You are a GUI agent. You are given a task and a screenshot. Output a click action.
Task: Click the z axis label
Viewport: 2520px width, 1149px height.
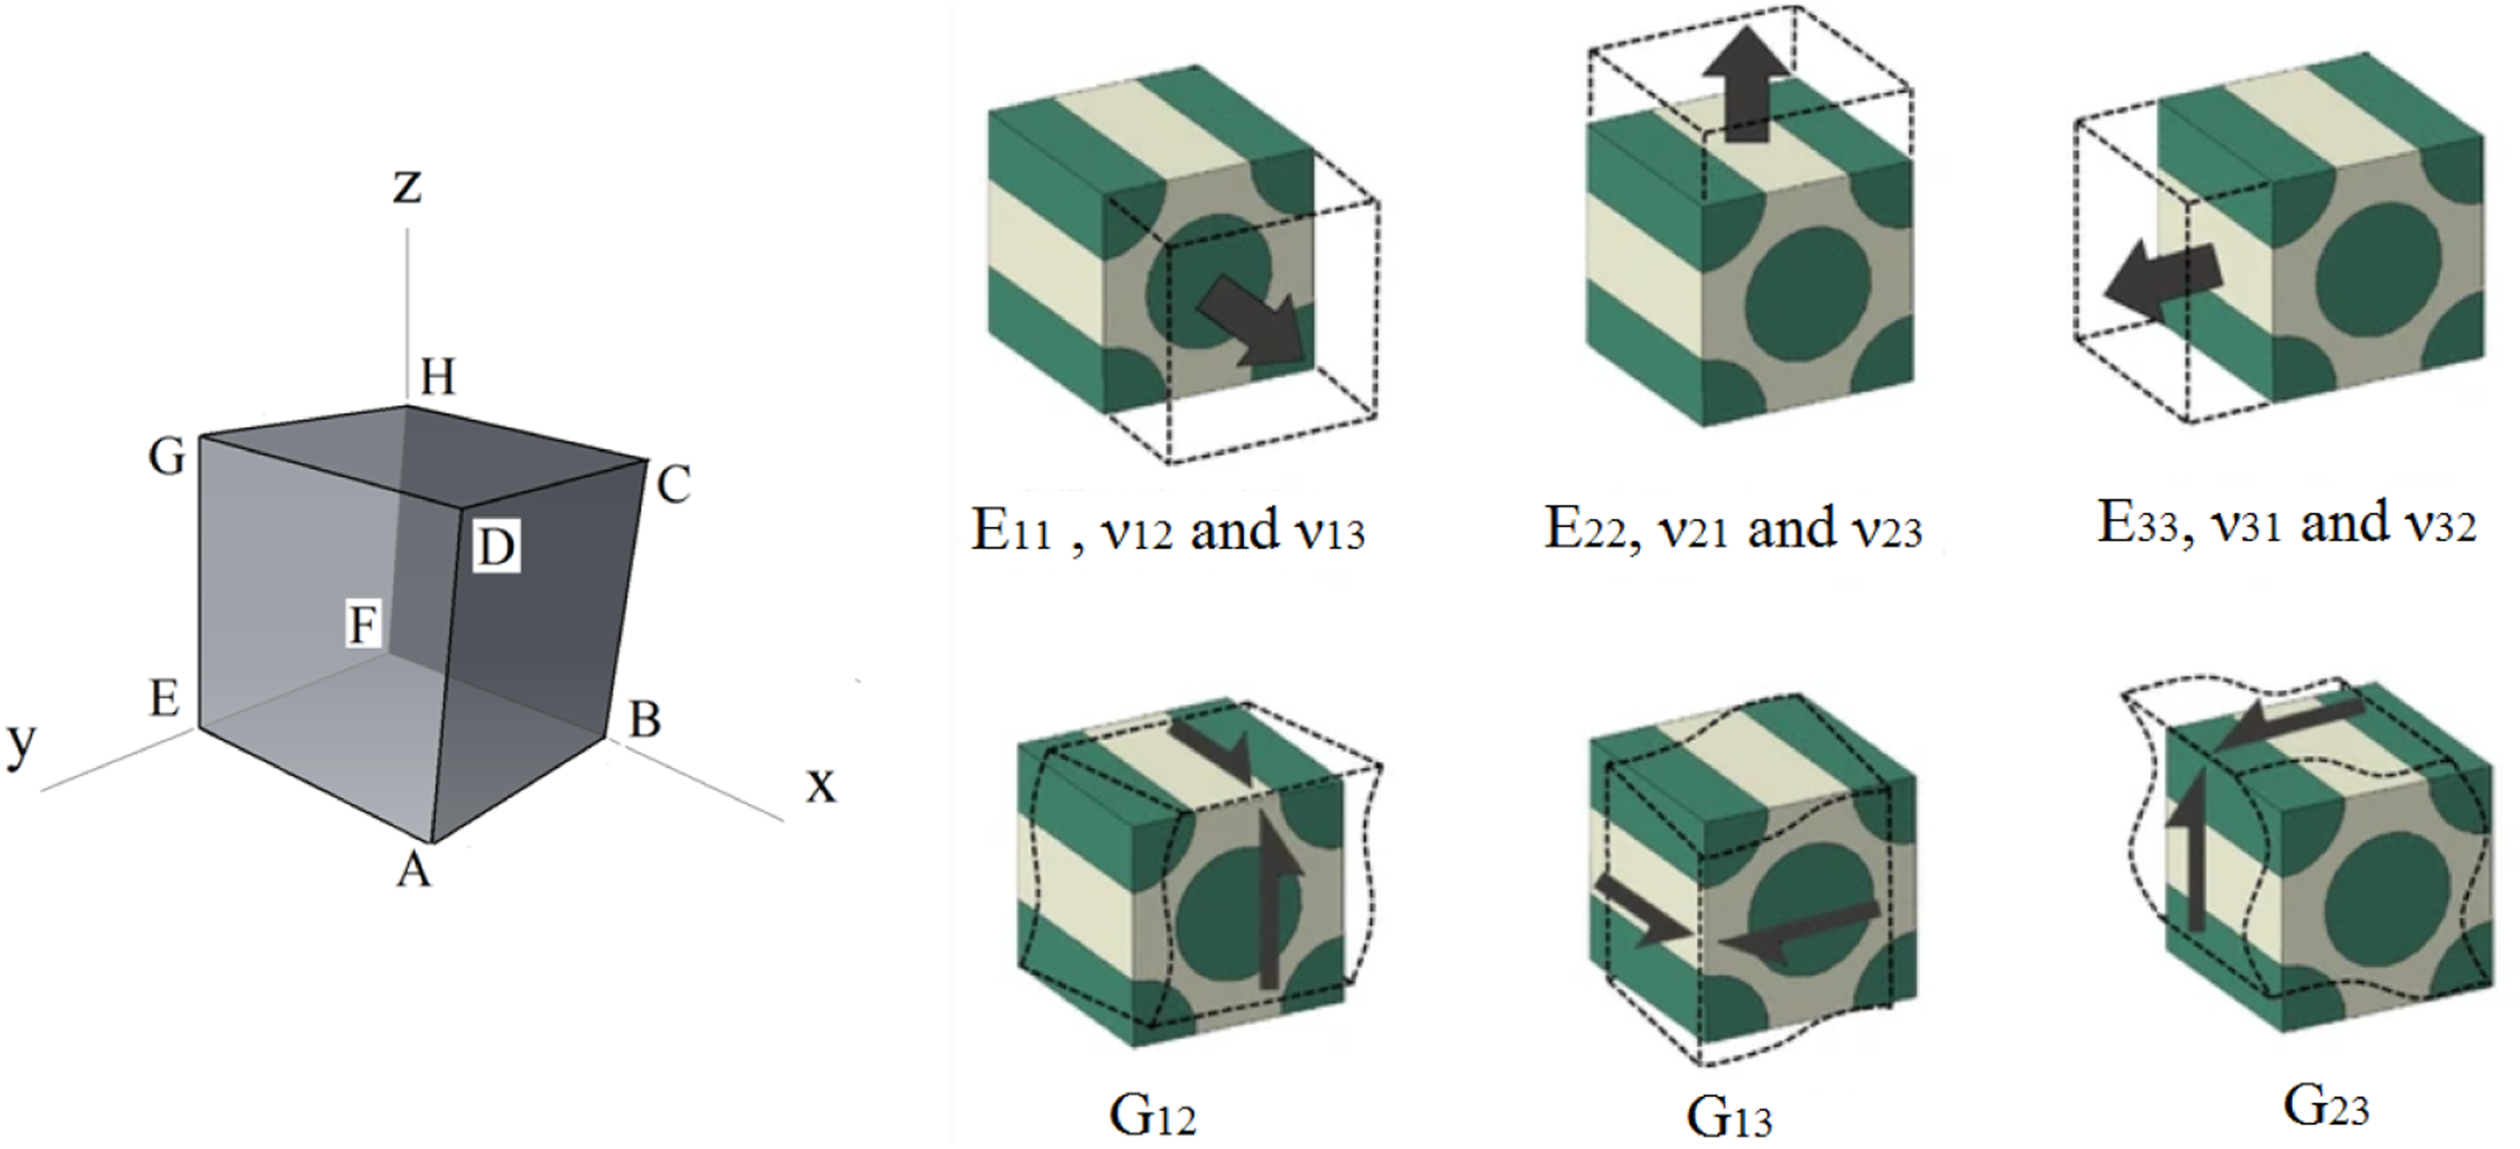pos(407,186)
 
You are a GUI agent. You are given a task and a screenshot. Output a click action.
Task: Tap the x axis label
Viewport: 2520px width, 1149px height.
pos(820,785)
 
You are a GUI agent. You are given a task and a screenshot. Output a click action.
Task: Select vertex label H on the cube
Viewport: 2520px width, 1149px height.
pos(438,377)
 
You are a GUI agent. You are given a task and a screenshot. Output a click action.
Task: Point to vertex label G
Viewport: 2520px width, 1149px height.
pos(167,457)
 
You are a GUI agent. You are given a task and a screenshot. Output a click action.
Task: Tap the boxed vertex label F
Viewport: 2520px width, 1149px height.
pos(365,623)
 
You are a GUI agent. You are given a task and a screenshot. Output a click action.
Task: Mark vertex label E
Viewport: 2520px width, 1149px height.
pos(165,698)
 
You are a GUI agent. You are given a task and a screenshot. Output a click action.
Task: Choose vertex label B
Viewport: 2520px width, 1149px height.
pos(645,720)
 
